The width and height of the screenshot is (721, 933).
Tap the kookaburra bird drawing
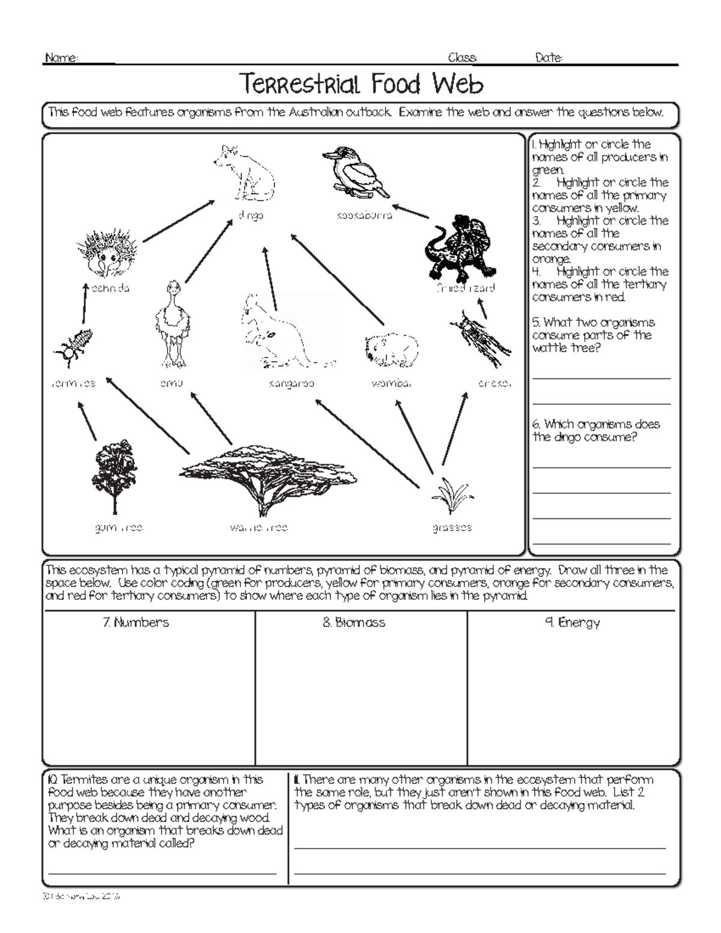[x=356, y=172]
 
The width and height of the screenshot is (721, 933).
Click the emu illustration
[x=171, y=324]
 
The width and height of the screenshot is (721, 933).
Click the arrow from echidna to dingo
[x=178, y=222]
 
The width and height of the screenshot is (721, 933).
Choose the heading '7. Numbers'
[x=136, y=623]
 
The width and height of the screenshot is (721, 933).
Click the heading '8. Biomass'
[x=353, y=623]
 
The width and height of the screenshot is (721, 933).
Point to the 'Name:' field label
[x=61, y=58]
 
